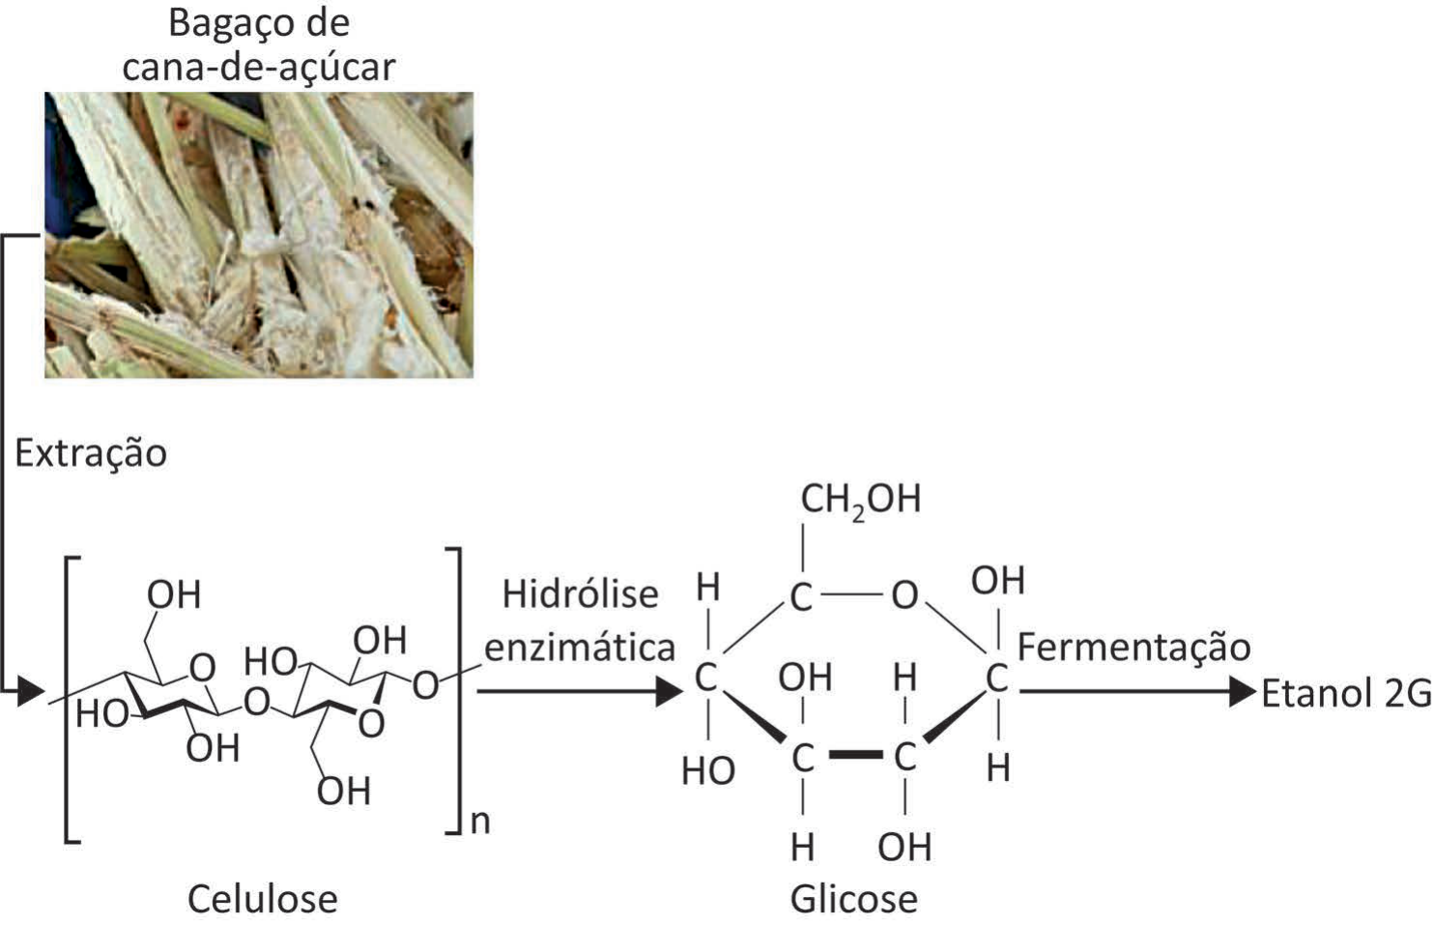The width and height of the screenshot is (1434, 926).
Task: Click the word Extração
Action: [91, 453]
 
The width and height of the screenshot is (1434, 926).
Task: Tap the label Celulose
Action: [263, 899]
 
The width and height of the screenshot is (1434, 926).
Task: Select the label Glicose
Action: [854, 899]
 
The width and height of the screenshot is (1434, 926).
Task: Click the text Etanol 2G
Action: [1346, 693]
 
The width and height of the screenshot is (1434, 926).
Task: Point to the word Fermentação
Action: [1133, 648]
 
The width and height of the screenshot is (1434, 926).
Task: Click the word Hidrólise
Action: [580, 593]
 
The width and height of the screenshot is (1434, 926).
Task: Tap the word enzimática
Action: [580, 648]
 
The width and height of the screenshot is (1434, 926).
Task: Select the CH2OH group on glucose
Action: [861, 500]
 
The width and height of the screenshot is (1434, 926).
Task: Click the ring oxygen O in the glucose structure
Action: [904, 596]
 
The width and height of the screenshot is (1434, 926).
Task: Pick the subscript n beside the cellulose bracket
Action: [480, 822]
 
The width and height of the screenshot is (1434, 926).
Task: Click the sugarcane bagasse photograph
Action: [259, 235]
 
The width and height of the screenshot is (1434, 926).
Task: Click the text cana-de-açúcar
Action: [259, 67]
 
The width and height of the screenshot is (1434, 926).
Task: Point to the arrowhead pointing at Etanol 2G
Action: [1243, 692]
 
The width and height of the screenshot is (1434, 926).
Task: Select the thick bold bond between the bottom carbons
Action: [855, 755]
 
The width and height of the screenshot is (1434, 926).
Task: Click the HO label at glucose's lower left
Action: [708, 770]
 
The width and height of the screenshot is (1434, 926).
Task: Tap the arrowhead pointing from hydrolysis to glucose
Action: [670, 692]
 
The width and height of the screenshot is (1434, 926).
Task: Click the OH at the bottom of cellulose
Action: [344, 791]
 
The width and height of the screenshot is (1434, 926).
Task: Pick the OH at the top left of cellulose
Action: [174, 594]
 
